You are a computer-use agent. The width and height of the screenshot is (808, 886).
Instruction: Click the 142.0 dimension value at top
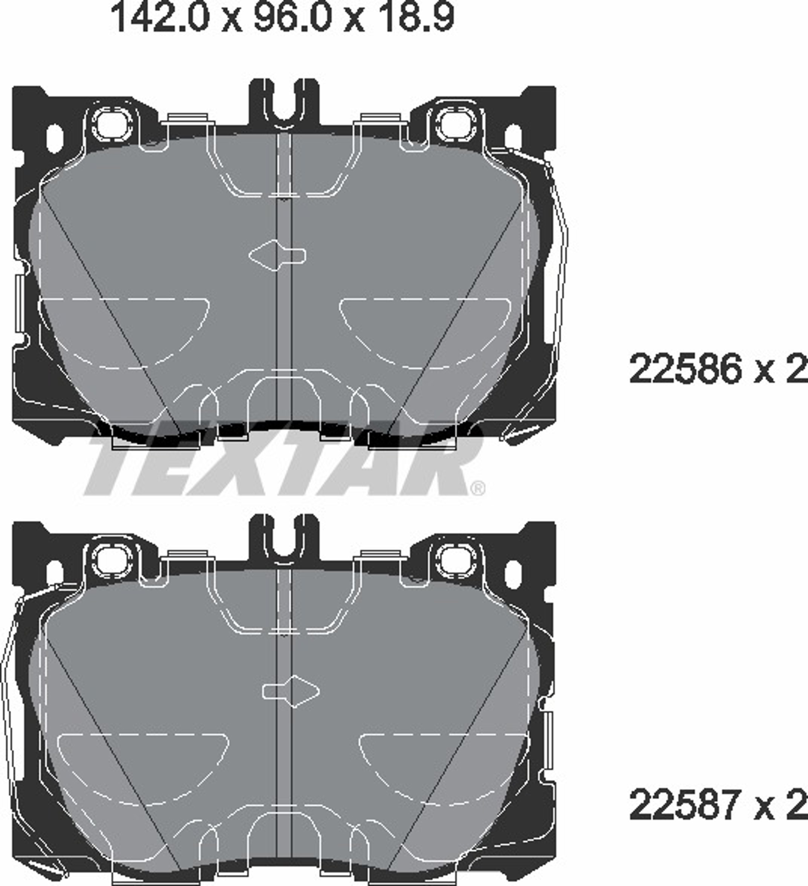159,17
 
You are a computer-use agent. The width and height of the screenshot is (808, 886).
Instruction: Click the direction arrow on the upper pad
277,255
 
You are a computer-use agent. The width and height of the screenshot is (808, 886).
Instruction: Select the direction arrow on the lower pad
291,691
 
